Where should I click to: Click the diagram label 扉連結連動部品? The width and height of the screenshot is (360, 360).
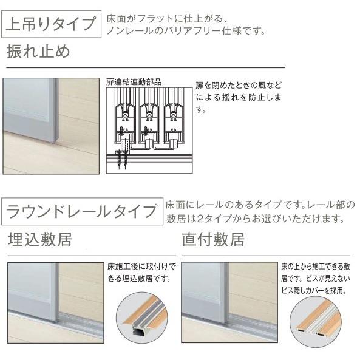(x=135, y=82)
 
